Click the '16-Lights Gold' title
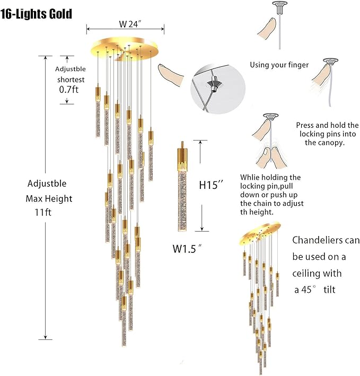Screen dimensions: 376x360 (x=37, y=13)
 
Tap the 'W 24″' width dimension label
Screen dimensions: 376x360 (x=130, y=24)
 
